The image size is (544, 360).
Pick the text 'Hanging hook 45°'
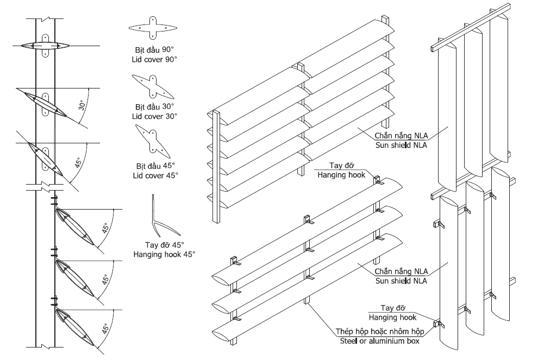point(164,254)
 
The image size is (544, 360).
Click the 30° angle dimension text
point(82,104)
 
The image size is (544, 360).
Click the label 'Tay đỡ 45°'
point(164,244)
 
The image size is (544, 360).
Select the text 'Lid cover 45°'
point(154,175)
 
